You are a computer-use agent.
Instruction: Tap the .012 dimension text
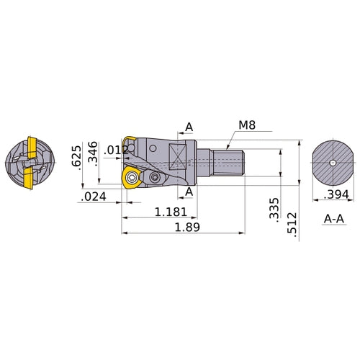coord(115,150)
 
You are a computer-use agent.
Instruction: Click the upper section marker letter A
coord(189,127)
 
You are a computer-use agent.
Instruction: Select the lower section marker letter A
coord(189,192)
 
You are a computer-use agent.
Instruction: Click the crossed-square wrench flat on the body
coord(178,154)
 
